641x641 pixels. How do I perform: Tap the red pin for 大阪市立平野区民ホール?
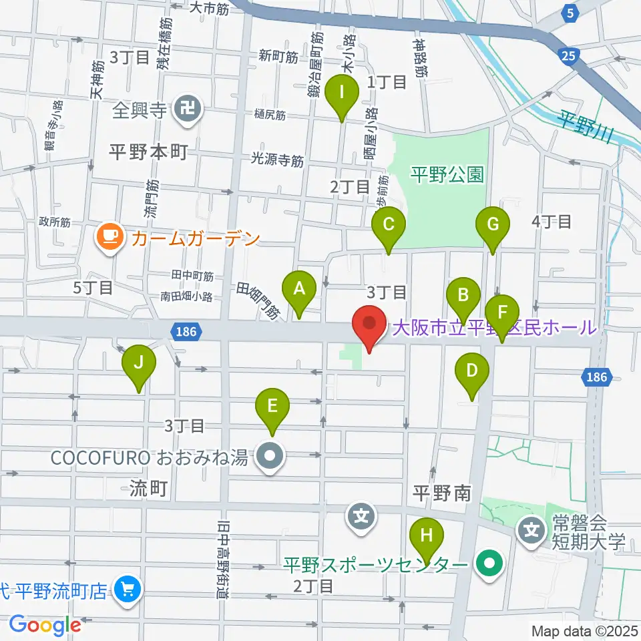point(369,323)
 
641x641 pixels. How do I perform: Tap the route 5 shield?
point(569,13)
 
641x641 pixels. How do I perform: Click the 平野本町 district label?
point(148,152)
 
